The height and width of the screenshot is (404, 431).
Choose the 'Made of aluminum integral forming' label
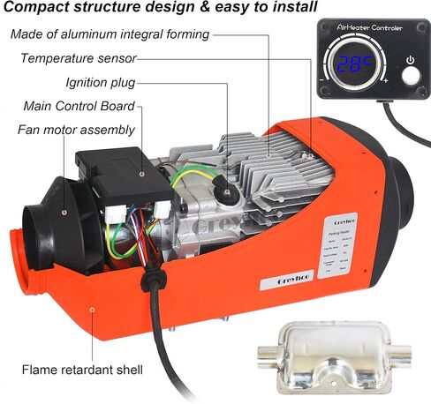tap(110, 34)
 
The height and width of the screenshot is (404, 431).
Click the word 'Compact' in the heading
tap(34, 10)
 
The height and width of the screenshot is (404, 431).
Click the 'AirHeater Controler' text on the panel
tap(369, 30)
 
